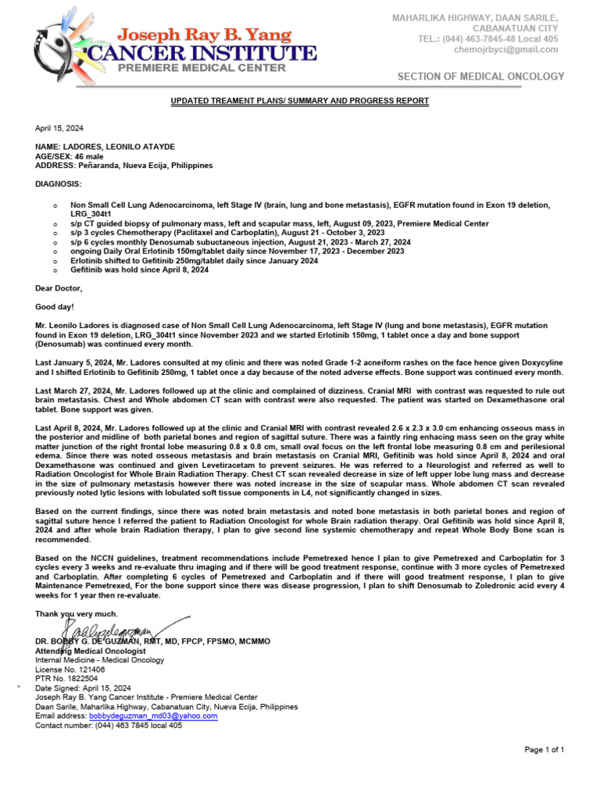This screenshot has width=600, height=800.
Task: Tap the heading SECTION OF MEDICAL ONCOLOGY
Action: pyautogui.click(x=480, y=77)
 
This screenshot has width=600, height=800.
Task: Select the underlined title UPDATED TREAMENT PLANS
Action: pyautogui.click(x=300, y=101)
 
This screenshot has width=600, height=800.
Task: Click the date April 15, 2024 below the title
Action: pyautogui.click(x=59, y=128)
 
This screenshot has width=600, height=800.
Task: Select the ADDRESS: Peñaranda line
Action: pyautogui.click(x=123, y=166)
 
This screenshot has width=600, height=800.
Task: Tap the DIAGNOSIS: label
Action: pyautogui.click(x=58, y=184)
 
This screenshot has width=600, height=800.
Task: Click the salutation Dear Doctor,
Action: pyautogui.click(x=59, y=288)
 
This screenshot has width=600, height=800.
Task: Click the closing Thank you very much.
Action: pyautogui.click(x=77, y=614)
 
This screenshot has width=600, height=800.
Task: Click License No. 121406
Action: pyautogui.click(x=70, y=670)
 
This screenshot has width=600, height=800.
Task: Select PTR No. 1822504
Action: pyautogui.click(x=68, y=679)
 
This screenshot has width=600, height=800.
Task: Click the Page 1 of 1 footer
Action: pyautogui.click(x=544, y=750)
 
